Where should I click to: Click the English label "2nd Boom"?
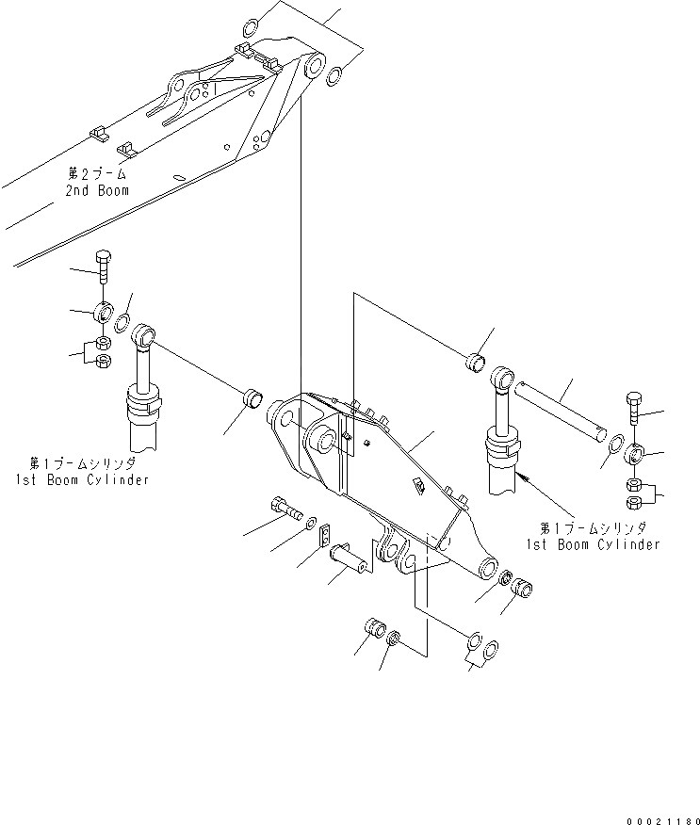tap(98, 190)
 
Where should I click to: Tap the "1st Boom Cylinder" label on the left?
tap(81, 479)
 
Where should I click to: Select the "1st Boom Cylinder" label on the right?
tap(592, 544)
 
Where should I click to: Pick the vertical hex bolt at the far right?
tap(633, 411)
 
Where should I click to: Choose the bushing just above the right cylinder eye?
tap(476, 362)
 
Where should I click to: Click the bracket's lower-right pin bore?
tap(488, 568)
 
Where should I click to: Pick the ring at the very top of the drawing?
tap(252, 25)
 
